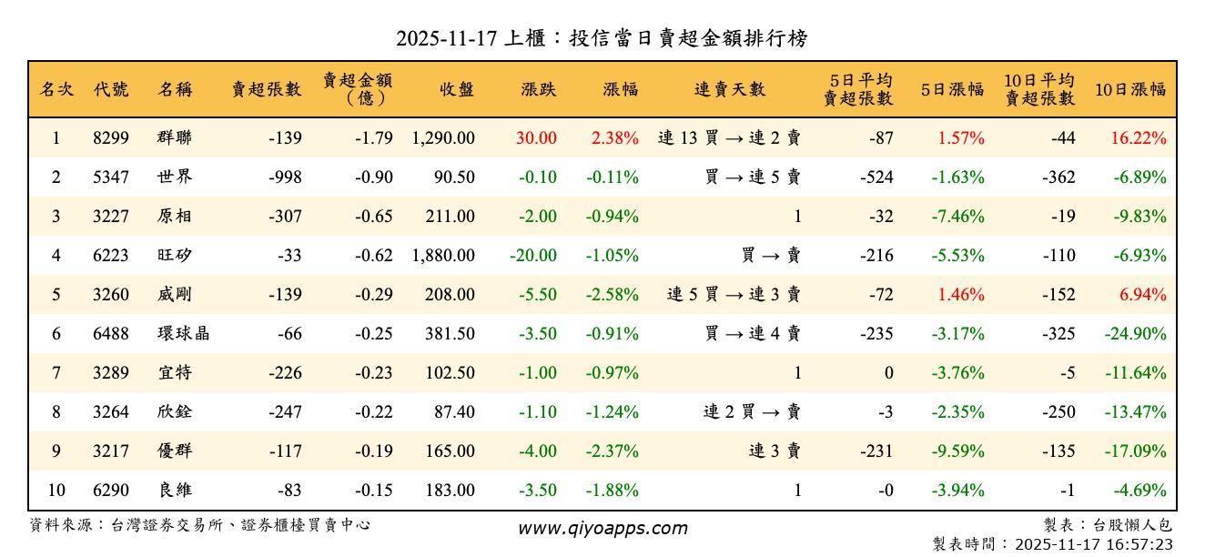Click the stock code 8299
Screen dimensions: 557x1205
[x=111, y=138]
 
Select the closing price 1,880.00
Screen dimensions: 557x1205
[x=443, y=256]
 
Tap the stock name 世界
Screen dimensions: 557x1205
[x=174, y=177]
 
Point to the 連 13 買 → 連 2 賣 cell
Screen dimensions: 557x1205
[x=729, y=138]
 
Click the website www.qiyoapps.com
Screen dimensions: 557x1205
[x=602, y=528]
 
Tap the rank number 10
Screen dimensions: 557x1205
[x=56, y=491]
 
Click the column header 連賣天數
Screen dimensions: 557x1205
[x=730, y=89]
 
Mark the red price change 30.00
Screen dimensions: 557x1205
[x=536, y=138]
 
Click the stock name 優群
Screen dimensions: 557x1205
[x=174, y=451]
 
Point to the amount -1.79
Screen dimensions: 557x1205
[x=374, y=138]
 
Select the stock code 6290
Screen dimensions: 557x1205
[x=111, y=491]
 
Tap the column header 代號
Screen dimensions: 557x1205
[x=111, y=89]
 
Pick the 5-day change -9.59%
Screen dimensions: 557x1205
[x=957, y=451]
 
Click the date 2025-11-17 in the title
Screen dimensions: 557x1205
[x=446, y=38]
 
